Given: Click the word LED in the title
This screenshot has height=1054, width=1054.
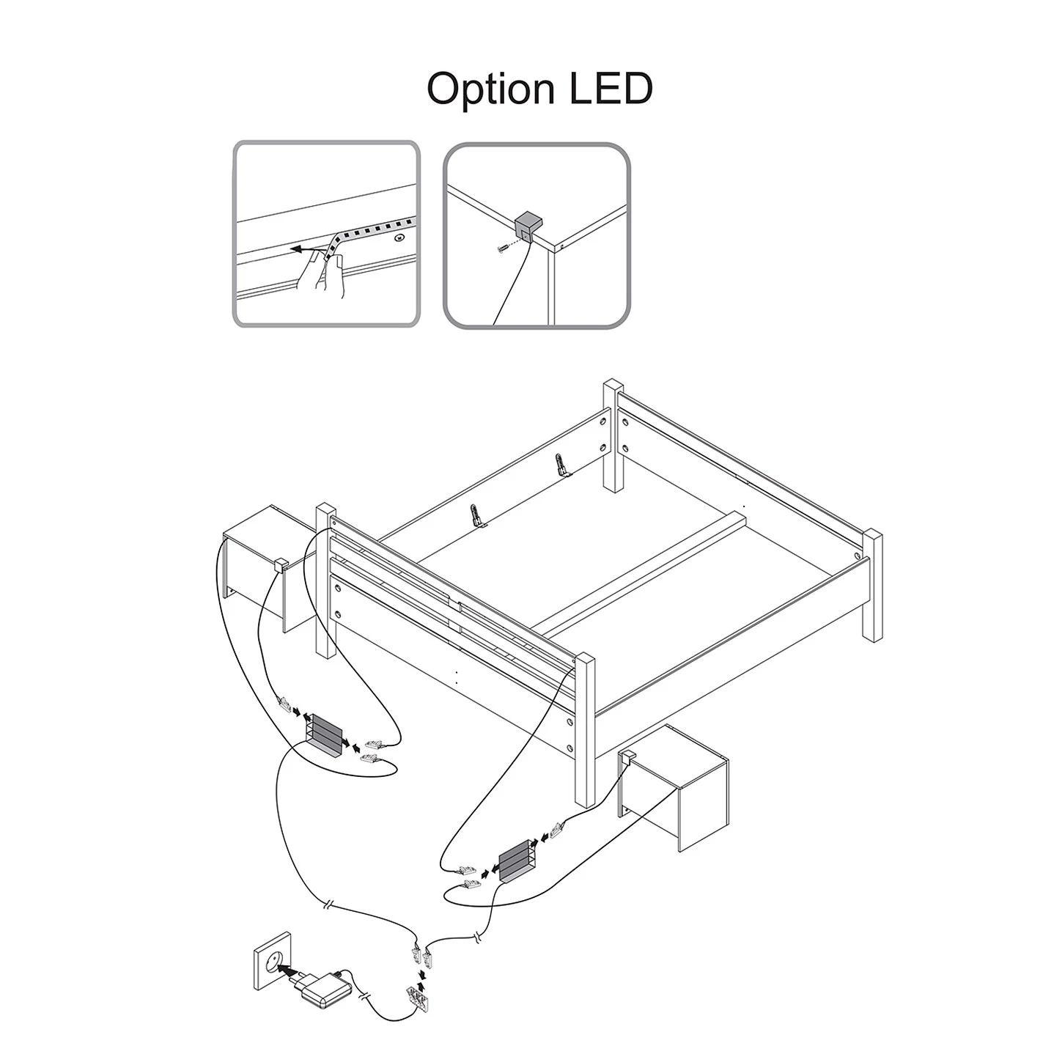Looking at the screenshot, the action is pyautogui.click(x=611, y=88).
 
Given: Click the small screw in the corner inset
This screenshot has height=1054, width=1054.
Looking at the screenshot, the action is pyautogui.click(x=501, y=248).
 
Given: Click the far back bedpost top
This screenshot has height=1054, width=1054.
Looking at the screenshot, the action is pyautogui.click(x=613, y=385).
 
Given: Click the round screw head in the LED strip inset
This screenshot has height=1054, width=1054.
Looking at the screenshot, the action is pyautogui.click(x=399, y=238).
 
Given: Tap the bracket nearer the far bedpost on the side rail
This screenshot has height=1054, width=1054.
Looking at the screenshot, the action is pyautogui.click(x=561, y=465).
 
